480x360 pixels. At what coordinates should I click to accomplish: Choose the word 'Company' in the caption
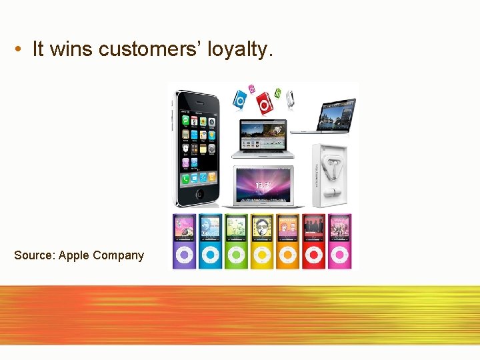[118, 255]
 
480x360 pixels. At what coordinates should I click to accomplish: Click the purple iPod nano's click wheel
[183, 254]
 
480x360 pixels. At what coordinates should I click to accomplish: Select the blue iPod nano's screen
[209, 228]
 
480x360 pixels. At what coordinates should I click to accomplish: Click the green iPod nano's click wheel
[235, 254]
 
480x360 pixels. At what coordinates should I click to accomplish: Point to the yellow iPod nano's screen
[261, 228]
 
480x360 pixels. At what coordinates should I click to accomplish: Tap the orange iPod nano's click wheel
[287, 254]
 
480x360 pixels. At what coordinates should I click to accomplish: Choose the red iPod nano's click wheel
[313, 254]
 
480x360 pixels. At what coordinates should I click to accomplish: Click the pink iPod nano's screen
[339, 228]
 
